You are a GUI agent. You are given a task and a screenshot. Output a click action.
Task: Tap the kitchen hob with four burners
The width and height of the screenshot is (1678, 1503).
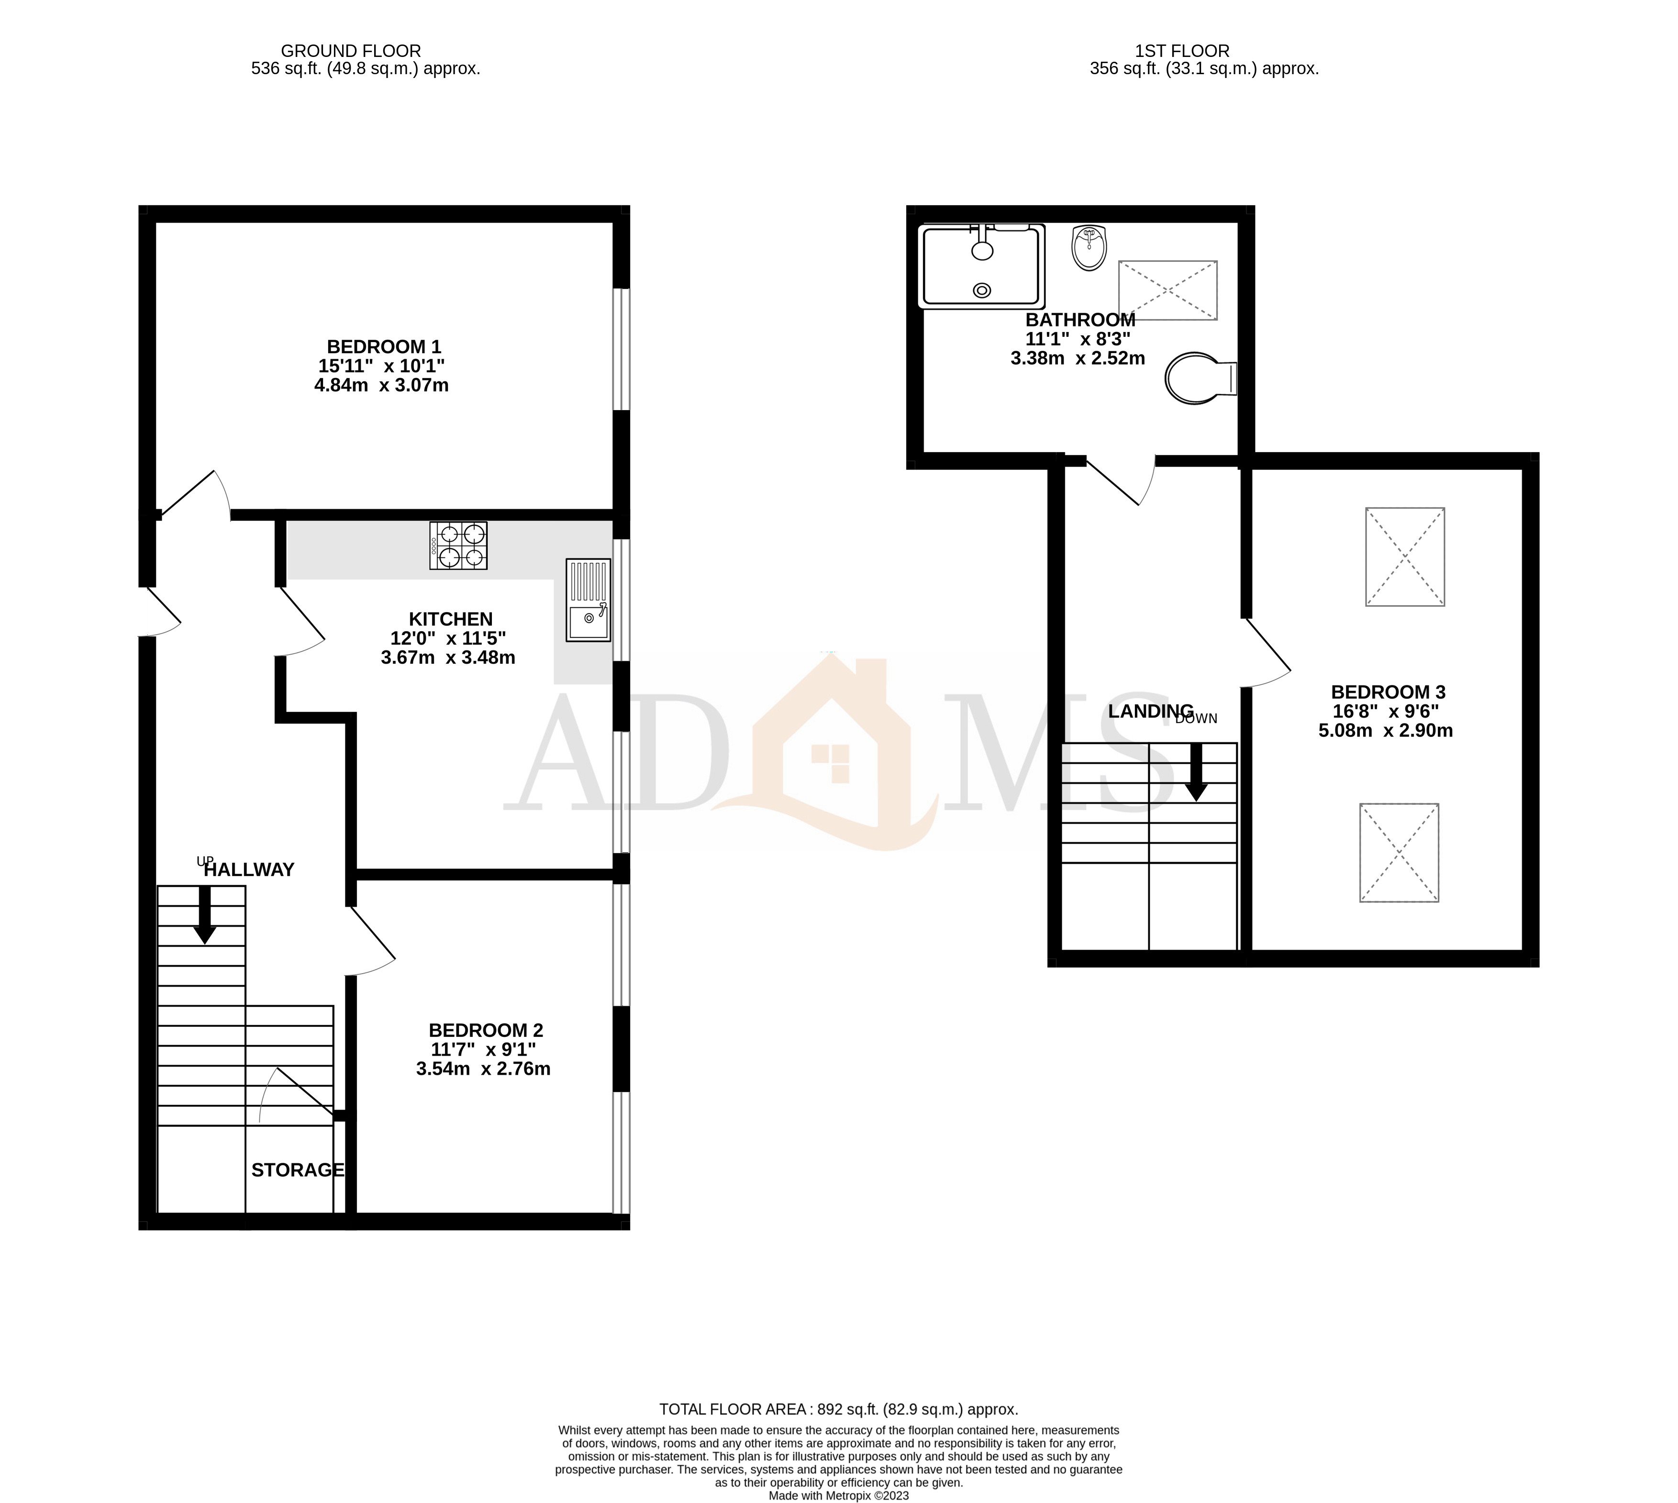(x=458, y=546)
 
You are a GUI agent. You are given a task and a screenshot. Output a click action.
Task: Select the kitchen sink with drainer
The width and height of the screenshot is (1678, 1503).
(x=588, y=601)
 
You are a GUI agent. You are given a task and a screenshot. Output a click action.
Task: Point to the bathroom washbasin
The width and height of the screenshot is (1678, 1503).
(x=1089, y=248)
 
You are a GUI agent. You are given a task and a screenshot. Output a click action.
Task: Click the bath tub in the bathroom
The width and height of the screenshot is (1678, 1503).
(x=981, y=266)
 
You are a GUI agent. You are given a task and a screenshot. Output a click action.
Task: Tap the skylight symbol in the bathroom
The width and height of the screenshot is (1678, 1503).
(x=1167, y=290)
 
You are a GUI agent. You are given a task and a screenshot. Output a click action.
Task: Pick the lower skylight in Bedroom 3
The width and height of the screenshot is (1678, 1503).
(x=1399, y=852)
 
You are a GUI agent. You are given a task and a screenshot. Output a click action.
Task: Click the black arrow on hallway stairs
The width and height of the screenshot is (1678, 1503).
(x=204, y=915)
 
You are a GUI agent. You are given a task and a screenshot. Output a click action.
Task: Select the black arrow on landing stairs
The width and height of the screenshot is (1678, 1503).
(x=1196, y=773)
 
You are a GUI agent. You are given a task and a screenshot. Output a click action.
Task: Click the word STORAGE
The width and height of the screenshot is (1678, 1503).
(x=297, y=1170)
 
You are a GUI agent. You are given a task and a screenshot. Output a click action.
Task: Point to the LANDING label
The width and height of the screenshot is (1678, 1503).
(x=1150, y=711)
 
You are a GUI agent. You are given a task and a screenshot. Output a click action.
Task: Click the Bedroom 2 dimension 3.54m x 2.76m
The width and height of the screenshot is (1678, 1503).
(x=483, y=1069)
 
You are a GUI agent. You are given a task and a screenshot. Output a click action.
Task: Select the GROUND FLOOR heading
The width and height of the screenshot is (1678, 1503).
(x=351, y=51)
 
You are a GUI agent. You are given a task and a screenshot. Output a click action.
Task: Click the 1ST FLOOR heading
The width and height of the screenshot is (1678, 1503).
(x=1182, y=51)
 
